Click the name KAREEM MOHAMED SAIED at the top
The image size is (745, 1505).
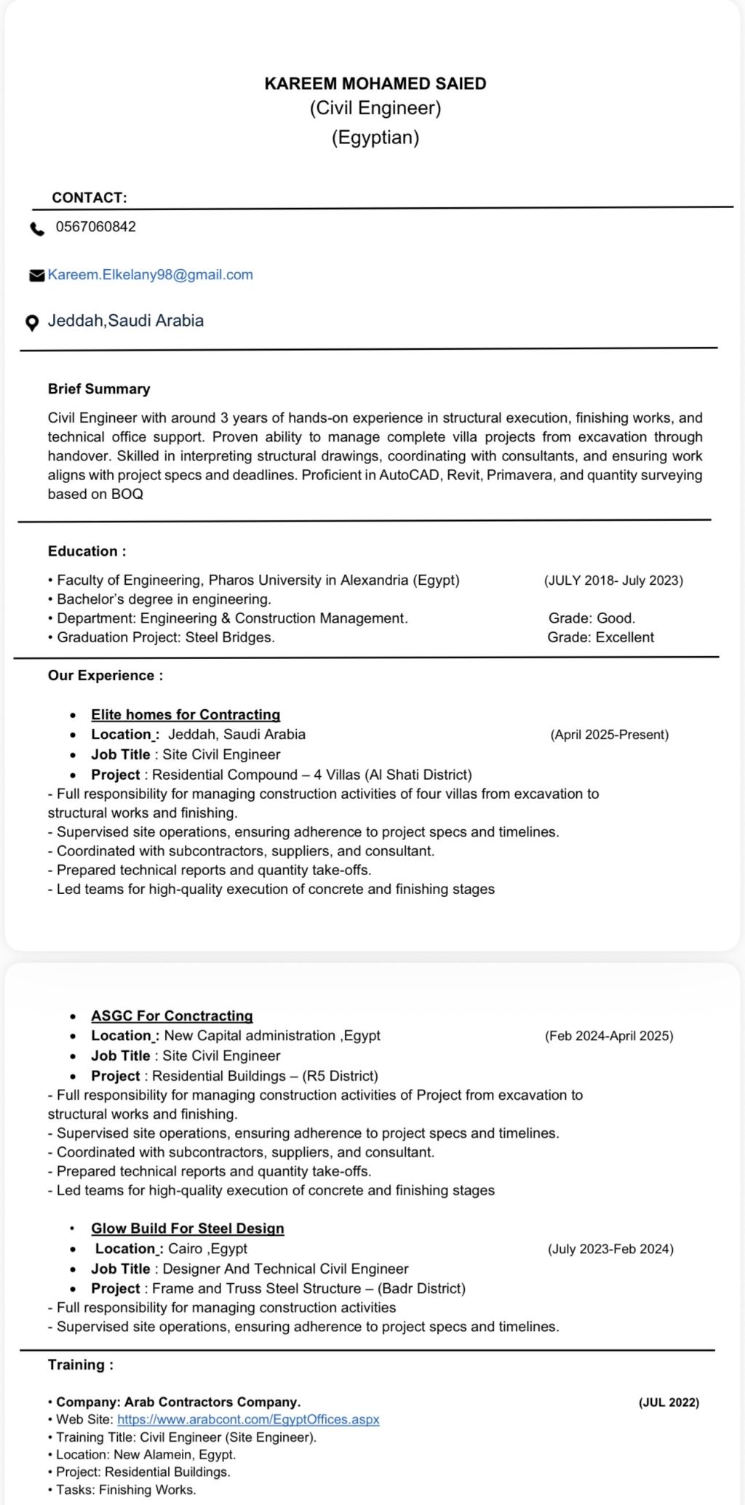pyautogui.click(x=375, y=84)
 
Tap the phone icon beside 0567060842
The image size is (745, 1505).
pyautogui.click(x=36, y=229)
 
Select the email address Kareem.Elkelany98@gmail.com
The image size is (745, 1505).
pyautogui.click(x=151, y=275)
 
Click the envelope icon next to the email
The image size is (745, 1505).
pyautogui.click(x=36, y=276)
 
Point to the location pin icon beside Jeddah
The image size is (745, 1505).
pyautogui.click(x=32, y=323)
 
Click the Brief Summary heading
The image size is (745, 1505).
pyautogui.click(x=99, y=389)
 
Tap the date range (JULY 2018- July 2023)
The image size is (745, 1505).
pyautogui.click(x=613, y=580)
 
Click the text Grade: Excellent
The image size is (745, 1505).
pyautogui.click(x=600, y=637)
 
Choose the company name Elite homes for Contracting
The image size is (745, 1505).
pyautogui.click(x=186, y=715)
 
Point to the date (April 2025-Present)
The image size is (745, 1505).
pyautogui.click(x=609, y=735)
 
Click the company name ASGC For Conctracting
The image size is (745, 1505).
pyautogui.click(x=172, y=1016)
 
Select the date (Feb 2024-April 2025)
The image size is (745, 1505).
pyautogui.click(x=609, y=1036)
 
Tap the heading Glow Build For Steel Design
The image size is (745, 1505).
pyautogui.click(x=188, y=1229)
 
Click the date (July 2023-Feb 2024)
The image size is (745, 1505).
pyautogui.click(x=610, y=1249)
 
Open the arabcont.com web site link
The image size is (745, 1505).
pyautogui.click(x=248, y=1420)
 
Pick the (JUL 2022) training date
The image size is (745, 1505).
pyautogui.click(x=669, y=1402)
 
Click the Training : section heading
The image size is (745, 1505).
pyautogui.click(x=81, y=1365)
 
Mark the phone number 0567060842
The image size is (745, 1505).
pyautogui.click(x=96, y=227)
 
